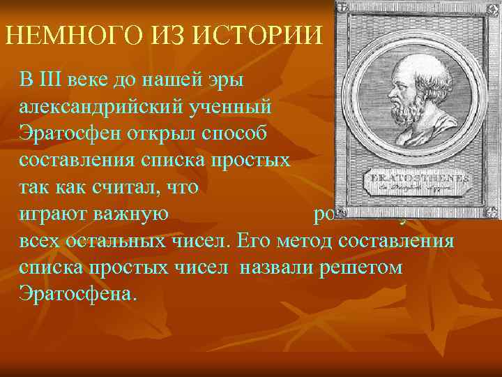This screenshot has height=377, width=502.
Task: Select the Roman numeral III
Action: (52, 79)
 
